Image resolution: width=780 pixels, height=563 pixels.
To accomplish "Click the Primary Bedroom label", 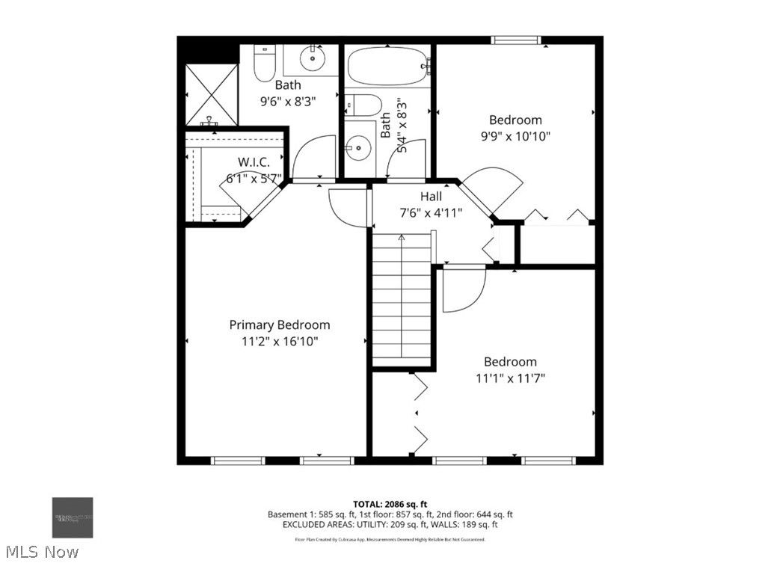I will point(279,324).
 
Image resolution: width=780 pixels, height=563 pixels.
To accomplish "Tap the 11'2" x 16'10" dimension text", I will point(279,341).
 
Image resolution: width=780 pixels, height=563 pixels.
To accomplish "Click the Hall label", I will point(430,196).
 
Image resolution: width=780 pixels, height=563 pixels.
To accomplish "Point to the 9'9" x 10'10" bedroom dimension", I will point(515,136).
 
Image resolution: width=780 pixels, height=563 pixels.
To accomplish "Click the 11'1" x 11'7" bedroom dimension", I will point(510,378).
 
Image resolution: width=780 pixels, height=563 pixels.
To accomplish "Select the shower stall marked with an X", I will point(212,94).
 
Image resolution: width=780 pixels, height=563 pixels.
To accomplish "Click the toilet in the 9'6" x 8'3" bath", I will point(263,64).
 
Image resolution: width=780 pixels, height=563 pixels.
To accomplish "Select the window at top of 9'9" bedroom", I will point(515,40).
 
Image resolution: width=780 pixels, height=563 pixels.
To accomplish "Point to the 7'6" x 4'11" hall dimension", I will point(430,212).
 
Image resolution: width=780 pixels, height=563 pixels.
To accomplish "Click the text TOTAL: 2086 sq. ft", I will point(390,504).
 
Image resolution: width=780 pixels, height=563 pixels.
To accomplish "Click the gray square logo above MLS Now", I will point(73,517).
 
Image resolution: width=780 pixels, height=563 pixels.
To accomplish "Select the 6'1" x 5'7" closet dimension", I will point(254,178).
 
